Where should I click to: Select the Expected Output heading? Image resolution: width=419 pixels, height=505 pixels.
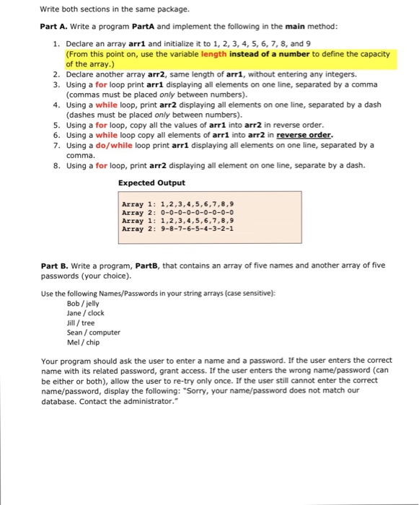click(151, 183)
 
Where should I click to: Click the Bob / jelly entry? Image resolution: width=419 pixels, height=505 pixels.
click(83, 303)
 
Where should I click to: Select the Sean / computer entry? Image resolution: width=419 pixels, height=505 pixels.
click(94, 333)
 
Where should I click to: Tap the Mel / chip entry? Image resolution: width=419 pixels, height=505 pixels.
click(82, 343)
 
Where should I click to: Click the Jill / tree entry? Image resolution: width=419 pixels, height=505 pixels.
click(81, 322)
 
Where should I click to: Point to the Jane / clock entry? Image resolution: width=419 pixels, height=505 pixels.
click(85, 313)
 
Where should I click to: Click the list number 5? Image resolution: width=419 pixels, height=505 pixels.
click(56, 125)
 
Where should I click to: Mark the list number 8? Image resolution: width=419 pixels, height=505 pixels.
click(56, 165)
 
